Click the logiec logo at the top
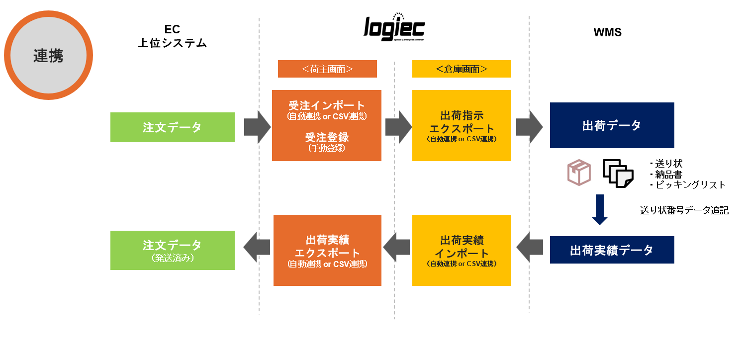pos(394,29)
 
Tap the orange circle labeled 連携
pos(48,55)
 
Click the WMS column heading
pos(607,33)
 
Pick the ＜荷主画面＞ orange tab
pos(327,69)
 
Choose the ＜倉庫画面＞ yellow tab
pos(462,69)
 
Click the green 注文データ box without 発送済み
pos(172,127)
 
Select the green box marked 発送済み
pos(172,250)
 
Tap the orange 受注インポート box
pos(327,125)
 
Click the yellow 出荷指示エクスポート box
pos(462,125)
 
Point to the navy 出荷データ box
pos(612,125)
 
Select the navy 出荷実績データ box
pos(612,250)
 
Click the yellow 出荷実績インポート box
pos(462,250)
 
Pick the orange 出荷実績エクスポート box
pos(327,250)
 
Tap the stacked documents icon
pos(618,174)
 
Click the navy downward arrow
pos(600,209)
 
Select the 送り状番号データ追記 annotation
pos(684,210)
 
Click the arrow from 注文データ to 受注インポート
pos(257,127)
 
